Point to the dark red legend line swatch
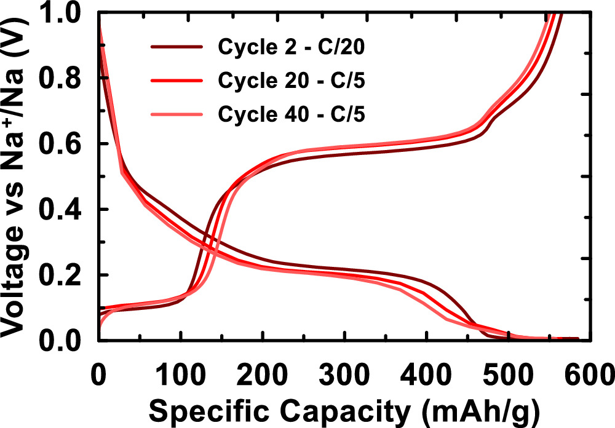coord(176,47)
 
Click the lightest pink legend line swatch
coord(176,114)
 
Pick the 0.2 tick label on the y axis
coord(66,275)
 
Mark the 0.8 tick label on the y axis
coord(66,79)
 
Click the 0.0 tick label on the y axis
coord(66,340)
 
